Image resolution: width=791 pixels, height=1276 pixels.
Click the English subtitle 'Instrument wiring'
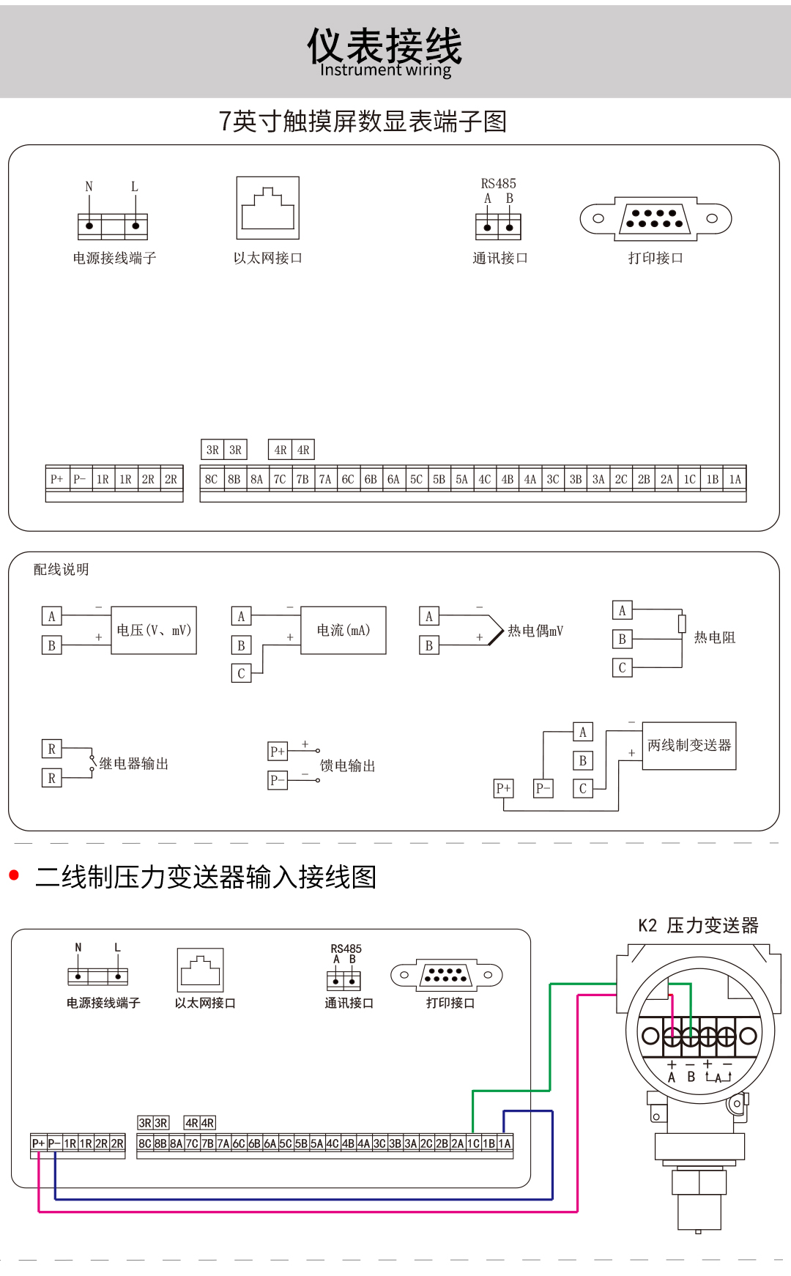(385, 70)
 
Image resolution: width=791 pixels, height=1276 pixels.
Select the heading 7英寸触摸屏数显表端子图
(363, 122)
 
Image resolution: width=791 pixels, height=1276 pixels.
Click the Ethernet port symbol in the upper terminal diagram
(267, 208)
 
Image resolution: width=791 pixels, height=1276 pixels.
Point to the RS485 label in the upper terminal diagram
(498, 184)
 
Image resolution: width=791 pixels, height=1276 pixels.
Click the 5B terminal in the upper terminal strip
(439, 479)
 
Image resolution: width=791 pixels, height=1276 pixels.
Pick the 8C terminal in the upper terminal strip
(211, 479)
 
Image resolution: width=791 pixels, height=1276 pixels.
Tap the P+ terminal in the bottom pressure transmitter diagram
(38, 1143)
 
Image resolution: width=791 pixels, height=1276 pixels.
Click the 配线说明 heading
(62, 569)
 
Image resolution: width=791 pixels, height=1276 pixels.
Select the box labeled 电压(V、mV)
(154, 630)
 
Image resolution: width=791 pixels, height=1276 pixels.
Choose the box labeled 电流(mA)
(343, 630)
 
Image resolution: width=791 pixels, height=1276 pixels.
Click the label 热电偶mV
(535, 631)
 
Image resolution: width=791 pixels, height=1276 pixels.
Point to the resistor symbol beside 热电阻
(682, 623)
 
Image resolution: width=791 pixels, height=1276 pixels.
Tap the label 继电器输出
(134, 763)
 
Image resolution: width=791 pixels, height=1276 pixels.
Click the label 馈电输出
(348, 765)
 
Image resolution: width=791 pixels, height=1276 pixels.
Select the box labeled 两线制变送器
(689, 746)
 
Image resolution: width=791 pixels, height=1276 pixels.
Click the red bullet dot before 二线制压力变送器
(13, 875)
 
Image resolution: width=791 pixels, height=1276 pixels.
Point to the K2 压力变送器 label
(698, 926)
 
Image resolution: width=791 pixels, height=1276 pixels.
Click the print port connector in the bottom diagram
(446, 975)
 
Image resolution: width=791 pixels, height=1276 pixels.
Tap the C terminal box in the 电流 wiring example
(241, 673)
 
